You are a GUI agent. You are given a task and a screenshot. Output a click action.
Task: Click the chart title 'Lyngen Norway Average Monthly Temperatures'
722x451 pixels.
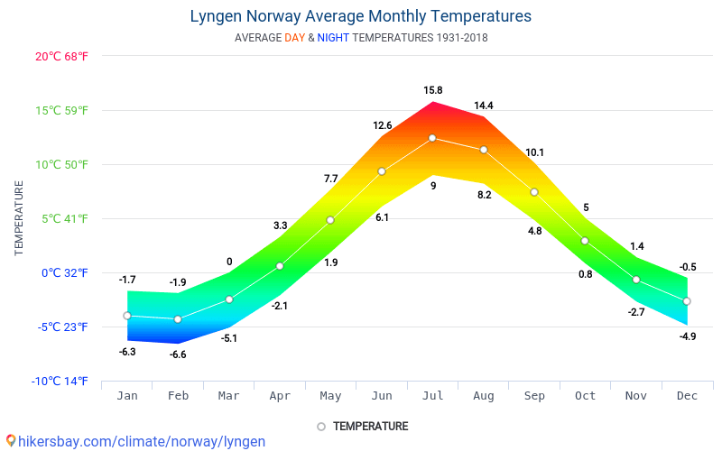point(360,16)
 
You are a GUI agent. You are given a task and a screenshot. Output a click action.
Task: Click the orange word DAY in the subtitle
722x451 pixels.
point(294,38)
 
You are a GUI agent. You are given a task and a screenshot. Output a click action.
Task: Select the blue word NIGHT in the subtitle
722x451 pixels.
point(333,38)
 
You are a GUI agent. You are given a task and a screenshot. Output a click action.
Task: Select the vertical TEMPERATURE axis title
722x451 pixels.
point(19,217)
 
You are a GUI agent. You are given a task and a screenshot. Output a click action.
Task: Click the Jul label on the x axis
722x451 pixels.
point(432,396)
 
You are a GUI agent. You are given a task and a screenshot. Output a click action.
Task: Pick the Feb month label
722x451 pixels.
point(178,396)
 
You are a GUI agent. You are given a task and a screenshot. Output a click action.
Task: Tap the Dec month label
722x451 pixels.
point(687,396)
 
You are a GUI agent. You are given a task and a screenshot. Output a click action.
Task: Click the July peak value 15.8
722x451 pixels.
point(433,90)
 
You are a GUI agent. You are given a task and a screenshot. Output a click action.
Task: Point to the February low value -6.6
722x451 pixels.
point(178,354)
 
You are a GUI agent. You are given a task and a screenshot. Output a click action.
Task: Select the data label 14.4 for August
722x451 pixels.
point(484,106)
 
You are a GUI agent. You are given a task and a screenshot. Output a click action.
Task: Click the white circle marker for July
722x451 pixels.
point(432,138)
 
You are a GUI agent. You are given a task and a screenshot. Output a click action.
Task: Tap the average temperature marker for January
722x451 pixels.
point(127,316)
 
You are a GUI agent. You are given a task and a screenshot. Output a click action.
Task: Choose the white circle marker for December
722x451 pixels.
point(687,301)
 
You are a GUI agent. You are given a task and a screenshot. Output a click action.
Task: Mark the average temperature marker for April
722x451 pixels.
point(280,266)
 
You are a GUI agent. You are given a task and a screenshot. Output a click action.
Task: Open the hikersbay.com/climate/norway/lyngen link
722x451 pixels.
point(135,441)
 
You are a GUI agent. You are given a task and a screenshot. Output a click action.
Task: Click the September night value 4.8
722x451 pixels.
point(534,231)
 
